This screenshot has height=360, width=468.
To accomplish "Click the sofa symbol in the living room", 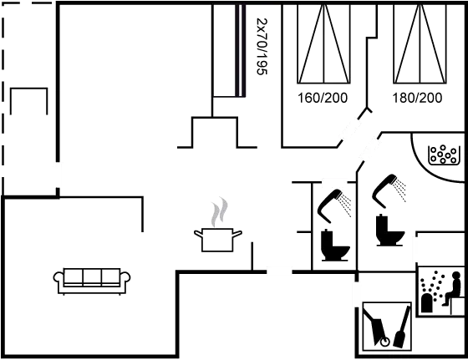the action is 92,281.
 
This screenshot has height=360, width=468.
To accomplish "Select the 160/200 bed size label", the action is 323,98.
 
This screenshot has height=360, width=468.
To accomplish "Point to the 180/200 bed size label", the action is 417,98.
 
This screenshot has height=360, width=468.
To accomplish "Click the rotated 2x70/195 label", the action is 262,46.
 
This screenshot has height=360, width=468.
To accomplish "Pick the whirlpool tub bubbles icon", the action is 443,155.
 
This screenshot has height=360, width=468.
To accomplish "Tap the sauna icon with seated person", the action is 441,292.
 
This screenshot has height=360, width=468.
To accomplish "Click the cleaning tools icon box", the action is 387,327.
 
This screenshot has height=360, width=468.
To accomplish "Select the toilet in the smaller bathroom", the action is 335,246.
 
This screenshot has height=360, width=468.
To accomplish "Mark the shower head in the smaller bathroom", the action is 334,205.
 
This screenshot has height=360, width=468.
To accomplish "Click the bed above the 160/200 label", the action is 324,43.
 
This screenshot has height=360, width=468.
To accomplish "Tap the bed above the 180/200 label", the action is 420,43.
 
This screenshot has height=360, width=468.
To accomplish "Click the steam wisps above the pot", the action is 220,211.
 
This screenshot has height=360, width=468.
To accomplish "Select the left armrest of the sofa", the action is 58,277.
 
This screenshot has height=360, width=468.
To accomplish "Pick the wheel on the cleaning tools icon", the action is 384,342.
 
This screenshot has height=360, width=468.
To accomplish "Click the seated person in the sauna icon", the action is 453,288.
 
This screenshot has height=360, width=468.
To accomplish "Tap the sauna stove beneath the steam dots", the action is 427,303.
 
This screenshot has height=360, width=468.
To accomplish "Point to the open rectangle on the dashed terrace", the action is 29,89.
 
